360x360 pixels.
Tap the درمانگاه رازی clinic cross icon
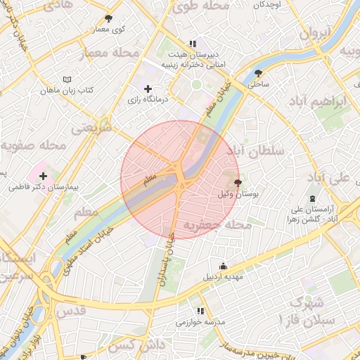click(x=148, y=89)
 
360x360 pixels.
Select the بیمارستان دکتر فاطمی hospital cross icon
click(x=44, y=176)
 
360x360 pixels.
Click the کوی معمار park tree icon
click(x=108, y=18)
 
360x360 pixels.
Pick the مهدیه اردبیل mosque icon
click(x=224, y=266)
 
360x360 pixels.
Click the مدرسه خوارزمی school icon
click(x=201, y=311)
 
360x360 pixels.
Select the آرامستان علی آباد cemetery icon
click(x=312, y=199)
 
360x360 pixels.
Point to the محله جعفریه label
click(x=217, y=225)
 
